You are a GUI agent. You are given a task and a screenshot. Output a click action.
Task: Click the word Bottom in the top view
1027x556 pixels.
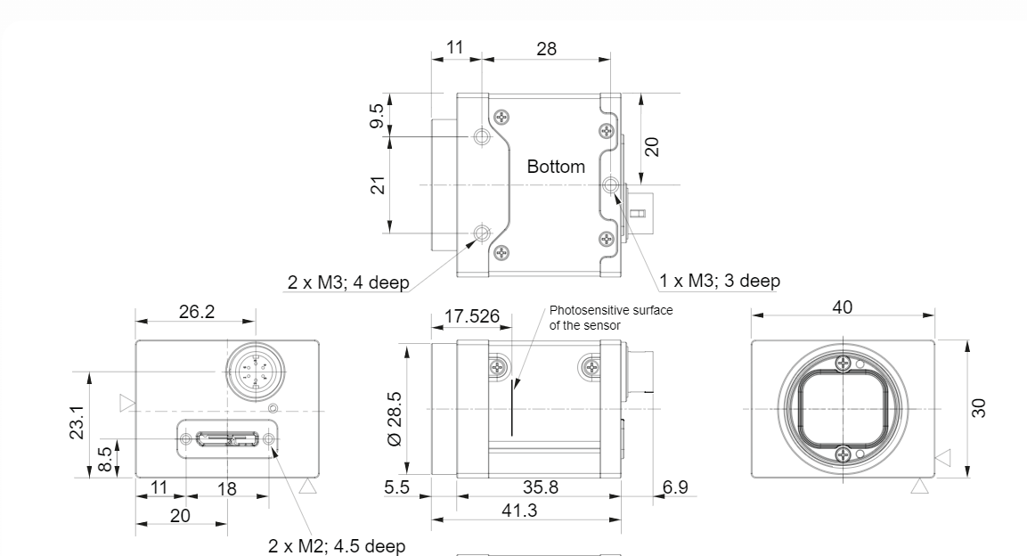pos(556,167)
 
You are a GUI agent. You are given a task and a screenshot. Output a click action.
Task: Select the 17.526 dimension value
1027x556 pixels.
pos(471,316)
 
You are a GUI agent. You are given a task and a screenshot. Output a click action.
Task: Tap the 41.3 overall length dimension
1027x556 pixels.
pos(519,511)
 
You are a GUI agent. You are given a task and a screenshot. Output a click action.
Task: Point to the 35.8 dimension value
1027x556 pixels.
pos(541,487)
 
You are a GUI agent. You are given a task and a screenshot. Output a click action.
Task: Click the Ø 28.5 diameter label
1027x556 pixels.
pos(395,419)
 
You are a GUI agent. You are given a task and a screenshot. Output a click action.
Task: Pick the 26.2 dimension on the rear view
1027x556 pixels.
pos(197,312)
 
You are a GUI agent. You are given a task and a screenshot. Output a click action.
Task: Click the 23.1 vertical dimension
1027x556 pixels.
pos(77,421)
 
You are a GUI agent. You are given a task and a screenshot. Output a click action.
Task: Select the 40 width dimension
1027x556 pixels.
pos(843,307)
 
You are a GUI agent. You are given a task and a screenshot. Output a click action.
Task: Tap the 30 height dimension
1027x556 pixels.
pos(979,408)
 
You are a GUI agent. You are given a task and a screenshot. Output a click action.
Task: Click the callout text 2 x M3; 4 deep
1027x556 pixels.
pos(348,282)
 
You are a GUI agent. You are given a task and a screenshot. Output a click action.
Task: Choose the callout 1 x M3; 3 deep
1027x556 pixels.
pos(720,281)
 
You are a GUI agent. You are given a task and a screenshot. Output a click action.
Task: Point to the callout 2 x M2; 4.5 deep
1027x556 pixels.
pos(337,545)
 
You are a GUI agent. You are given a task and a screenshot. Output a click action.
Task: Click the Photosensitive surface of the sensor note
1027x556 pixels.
pos(611,317)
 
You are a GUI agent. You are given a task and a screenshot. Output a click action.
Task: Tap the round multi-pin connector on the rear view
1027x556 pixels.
pos(255,372)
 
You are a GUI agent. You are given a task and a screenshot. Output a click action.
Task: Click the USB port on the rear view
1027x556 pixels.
pos(227,438)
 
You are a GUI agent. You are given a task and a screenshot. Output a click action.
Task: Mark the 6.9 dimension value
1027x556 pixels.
pos(675,487)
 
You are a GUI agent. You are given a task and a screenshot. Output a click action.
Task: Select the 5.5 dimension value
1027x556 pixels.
pos(396,487)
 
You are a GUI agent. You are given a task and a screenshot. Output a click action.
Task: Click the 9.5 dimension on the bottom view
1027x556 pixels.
pos(377,116)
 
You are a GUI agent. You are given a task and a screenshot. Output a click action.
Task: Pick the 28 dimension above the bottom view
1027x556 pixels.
pos(546,48)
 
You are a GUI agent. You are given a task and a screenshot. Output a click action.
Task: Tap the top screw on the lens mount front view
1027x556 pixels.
pos(844,362)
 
